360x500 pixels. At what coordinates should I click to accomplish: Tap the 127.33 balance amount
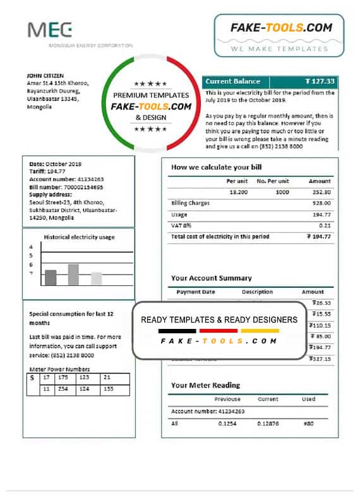tap(320, 81)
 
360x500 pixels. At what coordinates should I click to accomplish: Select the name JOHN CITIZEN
tap(46, 76)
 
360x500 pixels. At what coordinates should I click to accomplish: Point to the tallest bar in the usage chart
tap(73, 275)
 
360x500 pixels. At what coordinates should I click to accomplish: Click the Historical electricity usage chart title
tap(79, 238)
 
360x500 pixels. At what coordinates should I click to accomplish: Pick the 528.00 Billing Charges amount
tap(321, 203)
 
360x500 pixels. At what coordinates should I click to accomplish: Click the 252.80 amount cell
tap(321, 191)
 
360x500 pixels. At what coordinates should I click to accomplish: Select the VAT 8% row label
tap(181, 225)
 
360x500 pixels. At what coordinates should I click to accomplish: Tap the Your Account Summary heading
tap(211, 278)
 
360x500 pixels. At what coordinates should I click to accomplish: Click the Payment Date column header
tap(196, 292)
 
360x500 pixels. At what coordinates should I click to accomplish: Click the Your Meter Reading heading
tap(205, 385)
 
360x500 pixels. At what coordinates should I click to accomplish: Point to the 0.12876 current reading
tap(268, 423)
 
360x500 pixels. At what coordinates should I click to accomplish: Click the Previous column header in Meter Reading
tap(227, 399)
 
